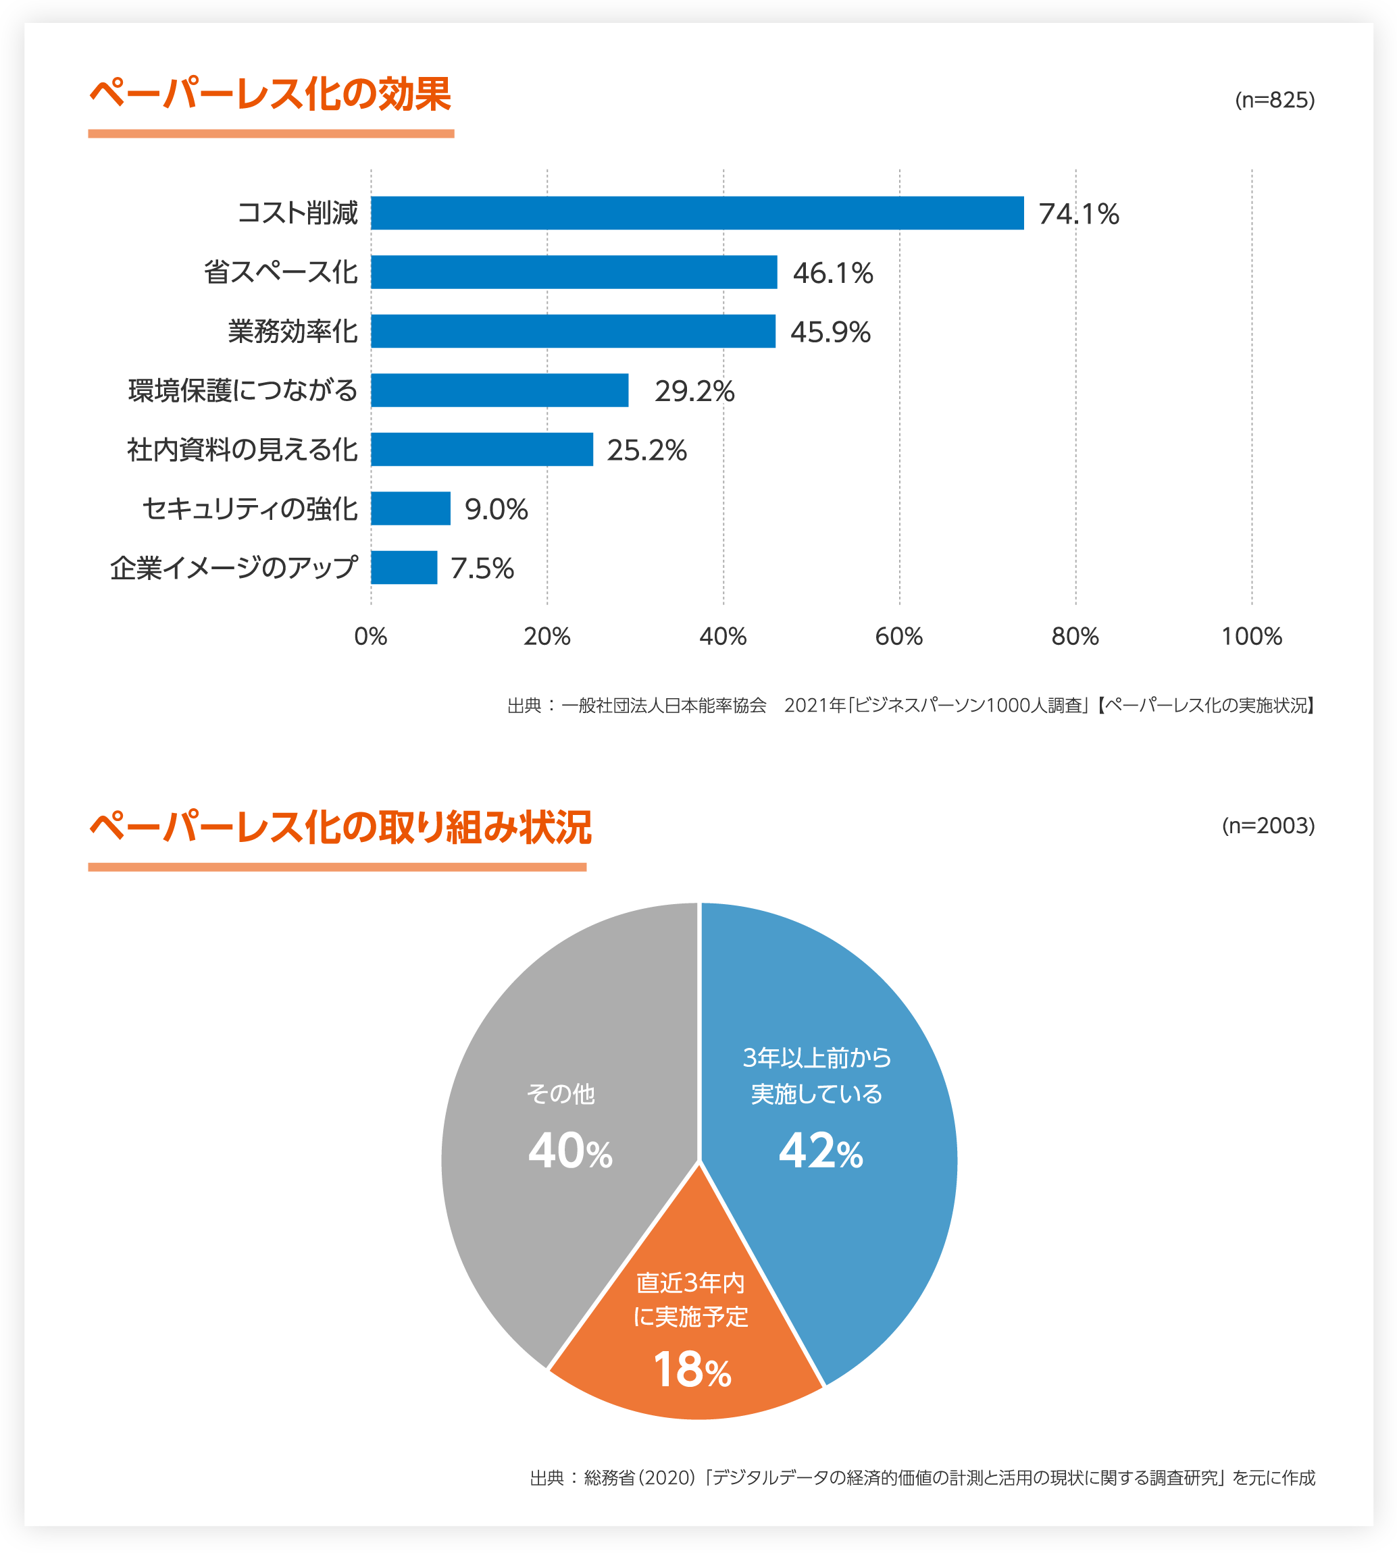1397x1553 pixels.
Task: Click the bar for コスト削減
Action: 697,213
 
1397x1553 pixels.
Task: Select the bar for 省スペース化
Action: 574,272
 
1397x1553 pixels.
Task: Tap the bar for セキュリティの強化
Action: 411,508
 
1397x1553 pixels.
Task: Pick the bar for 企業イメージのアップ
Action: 404,568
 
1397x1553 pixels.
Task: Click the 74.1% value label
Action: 1078,214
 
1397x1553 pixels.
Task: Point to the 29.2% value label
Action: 694,392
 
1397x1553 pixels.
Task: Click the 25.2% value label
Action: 646,450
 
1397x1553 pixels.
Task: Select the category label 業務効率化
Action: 293,332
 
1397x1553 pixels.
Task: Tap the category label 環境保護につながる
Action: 243,390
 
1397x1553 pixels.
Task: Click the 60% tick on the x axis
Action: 899,636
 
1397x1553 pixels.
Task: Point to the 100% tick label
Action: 1251,636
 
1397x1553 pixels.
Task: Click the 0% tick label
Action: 371,636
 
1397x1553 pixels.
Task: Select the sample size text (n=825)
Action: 1274,101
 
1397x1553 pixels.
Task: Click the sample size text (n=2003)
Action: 1268,826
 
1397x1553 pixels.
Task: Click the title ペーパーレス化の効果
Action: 270,95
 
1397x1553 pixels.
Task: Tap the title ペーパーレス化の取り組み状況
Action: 340,827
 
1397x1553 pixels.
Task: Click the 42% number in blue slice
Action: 820,1152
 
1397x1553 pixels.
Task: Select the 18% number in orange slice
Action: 691,1369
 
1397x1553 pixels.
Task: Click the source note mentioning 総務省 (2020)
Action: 922,1477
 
